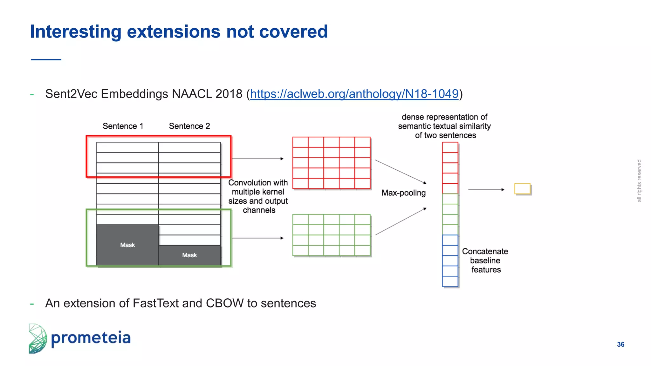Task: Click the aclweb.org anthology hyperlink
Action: [x=354, y=94]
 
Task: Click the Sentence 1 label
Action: [x=123, y=126]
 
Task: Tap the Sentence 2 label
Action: [x=189, y=126]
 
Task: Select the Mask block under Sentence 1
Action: [x=127, y=245]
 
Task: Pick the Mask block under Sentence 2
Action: [x=189, y=255]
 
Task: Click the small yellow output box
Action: [x=522, y=189]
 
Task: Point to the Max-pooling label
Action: [x=403, y=193]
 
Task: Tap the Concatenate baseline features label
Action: [x=485, y=260]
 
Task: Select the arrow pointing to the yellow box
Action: [x=486, y=190]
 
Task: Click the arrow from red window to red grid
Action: [x=257, y=159]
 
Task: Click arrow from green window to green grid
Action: [x=257, y=238]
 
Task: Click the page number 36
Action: [x=620, y=344]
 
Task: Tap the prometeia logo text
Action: [x=91, y=338]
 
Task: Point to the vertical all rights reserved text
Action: [x=639, y=181]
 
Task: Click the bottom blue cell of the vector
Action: [x=450, y=281]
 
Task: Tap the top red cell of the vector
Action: [x=450, y=147]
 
